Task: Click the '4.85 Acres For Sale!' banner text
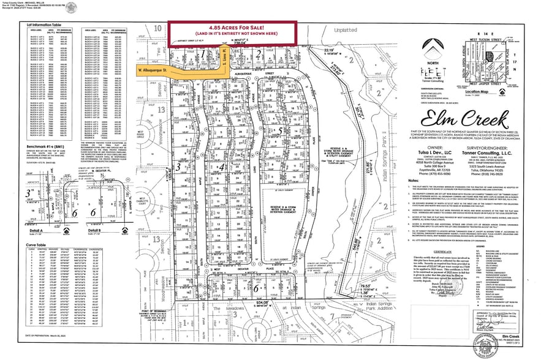pyautogui.click(x=233, y=28)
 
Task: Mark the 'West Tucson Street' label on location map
pyautogui.click(x=501, y=40)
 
